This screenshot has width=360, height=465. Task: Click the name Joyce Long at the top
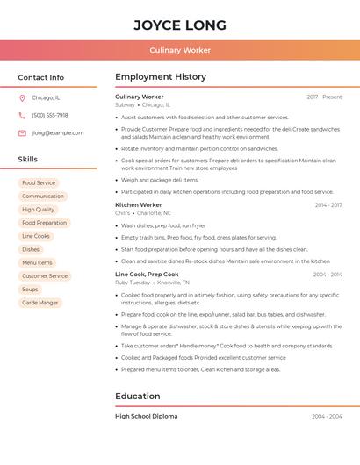[180, 25]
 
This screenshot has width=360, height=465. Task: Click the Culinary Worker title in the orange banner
[180, 50]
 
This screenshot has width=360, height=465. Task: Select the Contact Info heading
[41, 77]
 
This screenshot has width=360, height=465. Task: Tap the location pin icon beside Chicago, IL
[22, 98]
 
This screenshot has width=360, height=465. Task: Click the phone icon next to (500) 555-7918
[22, 116]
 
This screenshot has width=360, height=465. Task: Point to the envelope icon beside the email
[22, 133]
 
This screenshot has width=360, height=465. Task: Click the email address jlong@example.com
[58, 133]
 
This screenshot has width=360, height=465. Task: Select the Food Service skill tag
[39, 183]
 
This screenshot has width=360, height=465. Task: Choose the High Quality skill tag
[39, 210]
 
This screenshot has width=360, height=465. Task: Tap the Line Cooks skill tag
[36, 236]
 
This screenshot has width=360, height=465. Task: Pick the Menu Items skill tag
[37, 262]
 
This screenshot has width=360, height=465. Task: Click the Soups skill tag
[30, 289]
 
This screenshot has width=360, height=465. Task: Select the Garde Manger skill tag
[40, 303]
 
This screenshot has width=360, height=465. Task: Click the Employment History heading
[161, 77]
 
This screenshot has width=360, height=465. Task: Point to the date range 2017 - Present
[324, 97]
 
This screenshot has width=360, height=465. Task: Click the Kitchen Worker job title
[139, 204]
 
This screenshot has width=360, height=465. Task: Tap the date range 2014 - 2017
[328, 205]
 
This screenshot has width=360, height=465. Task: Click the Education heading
[137, 397]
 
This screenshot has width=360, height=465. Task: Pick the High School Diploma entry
[146, 417]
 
